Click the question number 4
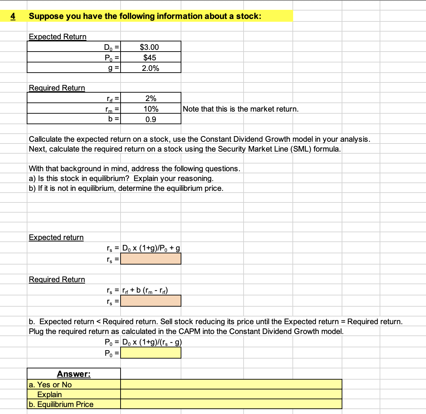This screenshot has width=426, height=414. point(13,16)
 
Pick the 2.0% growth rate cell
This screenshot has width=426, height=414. point(150,68)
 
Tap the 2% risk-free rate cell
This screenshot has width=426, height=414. point(151,98)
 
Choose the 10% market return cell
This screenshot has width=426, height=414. point(151,109)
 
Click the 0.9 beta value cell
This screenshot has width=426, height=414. point(151,119)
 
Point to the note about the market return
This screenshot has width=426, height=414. point(240,109)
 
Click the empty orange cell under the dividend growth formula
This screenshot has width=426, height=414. point(151,259)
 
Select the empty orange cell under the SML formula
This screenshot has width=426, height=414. point(151,301)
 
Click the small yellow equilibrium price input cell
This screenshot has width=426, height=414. point(151,353)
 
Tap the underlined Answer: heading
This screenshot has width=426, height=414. point(74,374)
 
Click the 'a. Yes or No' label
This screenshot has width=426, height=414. point(50,385)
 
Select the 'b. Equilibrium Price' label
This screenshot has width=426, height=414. point(61,404)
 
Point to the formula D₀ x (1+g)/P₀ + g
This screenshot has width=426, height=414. point(151,248)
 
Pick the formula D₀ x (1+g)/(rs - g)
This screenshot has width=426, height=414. point(152,342)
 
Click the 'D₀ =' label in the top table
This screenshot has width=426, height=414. point(112,47)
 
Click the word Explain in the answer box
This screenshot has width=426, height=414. point(50,394)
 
